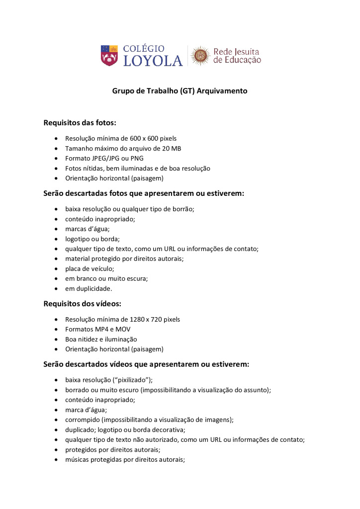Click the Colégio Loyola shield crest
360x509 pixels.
109,55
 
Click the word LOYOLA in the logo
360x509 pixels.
153,61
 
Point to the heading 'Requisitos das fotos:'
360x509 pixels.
80,122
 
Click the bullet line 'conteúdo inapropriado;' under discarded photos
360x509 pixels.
100,219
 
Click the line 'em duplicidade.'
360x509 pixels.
89,288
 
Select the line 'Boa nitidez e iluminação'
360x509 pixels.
101,339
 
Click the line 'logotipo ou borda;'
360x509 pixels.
92,239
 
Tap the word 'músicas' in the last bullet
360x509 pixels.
78,460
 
